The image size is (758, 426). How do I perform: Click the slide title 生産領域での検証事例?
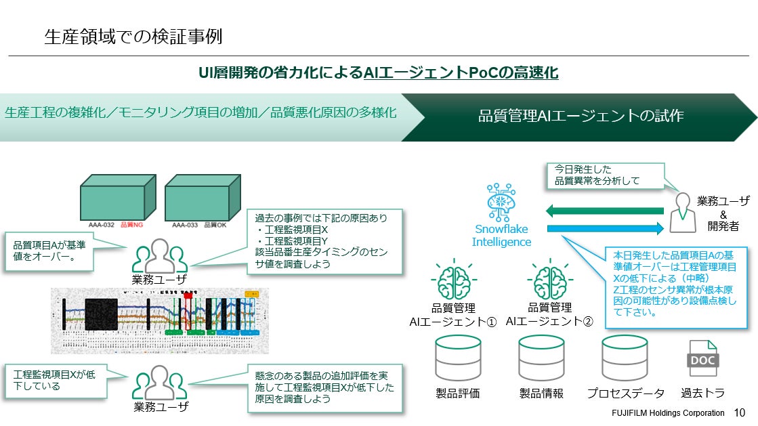(133, 36)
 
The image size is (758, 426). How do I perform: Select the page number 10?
(739, 412)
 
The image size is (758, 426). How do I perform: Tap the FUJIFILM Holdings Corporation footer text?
(664, 412)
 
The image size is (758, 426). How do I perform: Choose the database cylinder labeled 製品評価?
(457, 358)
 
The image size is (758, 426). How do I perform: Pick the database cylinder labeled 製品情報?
(541, 358)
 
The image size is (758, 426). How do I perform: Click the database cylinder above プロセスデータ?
(625, 358)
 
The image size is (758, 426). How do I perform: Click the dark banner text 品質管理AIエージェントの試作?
(581, 116)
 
